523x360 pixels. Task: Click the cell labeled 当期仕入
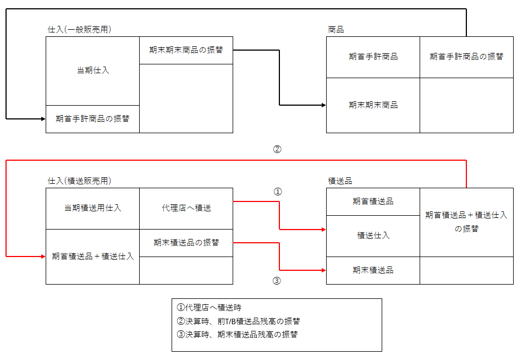92,70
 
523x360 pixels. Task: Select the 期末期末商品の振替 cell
186,50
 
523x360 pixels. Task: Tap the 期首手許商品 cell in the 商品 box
373,57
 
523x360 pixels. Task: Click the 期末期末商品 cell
373,105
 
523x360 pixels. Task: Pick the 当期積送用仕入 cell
92,208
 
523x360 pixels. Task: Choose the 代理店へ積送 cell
186,208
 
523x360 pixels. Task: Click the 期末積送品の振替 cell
186,242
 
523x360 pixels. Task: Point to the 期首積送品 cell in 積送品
373,201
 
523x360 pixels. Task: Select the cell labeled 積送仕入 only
373,236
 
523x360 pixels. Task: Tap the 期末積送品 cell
373,270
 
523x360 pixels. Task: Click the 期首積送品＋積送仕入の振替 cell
466,221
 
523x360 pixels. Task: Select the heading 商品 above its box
335,29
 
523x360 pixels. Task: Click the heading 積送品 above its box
340,181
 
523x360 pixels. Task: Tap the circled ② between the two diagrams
277,149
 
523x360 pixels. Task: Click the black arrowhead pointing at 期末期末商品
323,105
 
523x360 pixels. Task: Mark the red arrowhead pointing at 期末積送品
323,270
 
